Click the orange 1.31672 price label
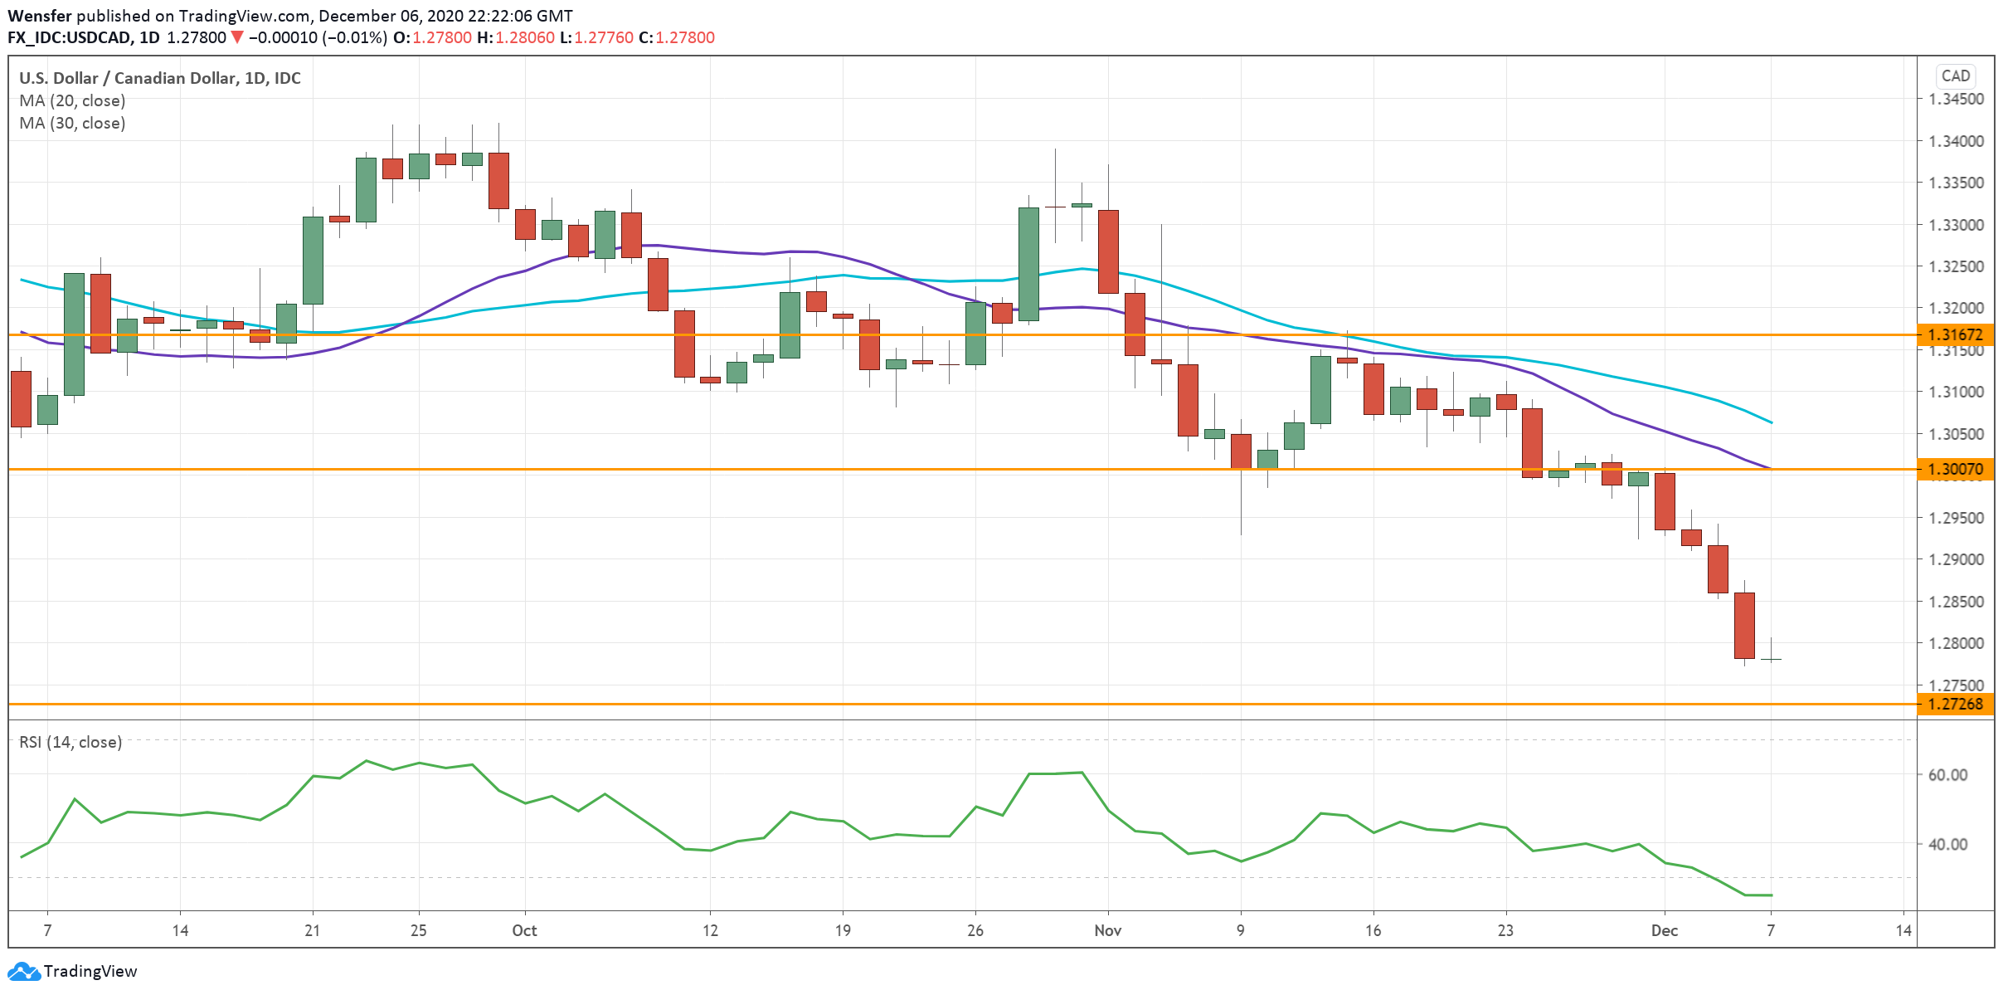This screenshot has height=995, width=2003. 1955,334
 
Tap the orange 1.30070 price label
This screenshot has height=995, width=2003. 1955,469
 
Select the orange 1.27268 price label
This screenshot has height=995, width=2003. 1955,704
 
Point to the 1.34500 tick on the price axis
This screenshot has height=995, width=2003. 1956,99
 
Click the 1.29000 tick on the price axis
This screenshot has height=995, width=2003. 1956,559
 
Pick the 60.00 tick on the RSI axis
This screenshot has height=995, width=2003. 1947,774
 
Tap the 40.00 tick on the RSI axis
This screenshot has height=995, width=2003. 1947,844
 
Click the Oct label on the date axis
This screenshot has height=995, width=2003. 524,930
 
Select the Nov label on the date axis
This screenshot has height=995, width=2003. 1107,930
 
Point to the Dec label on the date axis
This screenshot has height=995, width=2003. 1664,930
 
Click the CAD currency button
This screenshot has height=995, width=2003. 1955,76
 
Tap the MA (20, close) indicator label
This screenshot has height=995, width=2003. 72,100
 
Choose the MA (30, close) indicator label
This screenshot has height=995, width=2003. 72,123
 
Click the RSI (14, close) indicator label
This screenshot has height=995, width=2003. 70,742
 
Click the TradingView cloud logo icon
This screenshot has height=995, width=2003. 23,971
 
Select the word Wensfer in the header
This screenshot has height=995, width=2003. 40,16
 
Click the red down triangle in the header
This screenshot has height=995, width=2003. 237,37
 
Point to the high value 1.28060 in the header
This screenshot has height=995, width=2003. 525,37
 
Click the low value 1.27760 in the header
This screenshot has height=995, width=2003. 604,37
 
